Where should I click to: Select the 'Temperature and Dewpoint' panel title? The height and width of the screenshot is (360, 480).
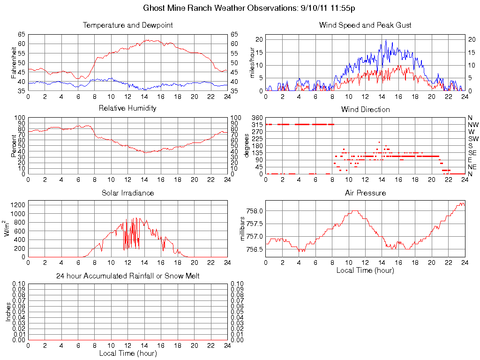[x=127, y=25]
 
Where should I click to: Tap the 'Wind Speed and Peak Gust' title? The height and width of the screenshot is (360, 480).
[x=365, y=25]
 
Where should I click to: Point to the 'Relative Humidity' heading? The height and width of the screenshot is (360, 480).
[x=127, y=108]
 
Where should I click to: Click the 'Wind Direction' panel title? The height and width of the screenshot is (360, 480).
[x=365, y=109]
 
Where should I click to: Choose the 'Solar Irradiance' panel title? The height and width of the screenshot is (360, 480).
[x=127, y=193]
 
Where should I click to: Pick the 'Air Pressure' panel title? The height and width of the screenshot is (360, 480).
[x=365, y=193]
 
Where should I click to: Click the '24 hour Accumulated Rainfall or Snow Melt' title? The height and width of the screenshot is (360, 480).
[x=127, y=276]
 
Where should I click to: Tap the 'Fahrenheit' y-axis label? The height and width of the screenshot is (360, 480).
[x=14, y=62]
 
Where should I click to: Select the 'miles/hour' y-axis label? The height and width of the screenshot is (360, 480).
[x=252, y=62]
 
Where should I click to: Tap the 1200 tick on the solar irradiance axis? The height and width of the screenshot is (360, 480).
[x=18, y=205]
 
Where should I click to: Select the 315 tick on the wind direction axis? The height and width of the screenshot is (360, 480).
[x=257, y=125]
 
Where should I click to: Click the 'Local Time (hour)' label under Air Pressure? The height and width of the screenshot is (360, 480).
[x=365, y=270]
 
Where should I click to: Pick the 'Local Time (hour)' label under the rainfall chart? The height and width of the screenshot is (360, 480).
[x=127, y=353]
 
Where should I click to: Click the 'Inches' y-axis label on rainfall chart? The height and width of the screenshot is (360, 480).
[x=8, y=311]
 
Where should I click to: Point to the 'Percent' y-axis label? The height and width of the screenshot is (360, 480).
[x=14, y=145]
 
